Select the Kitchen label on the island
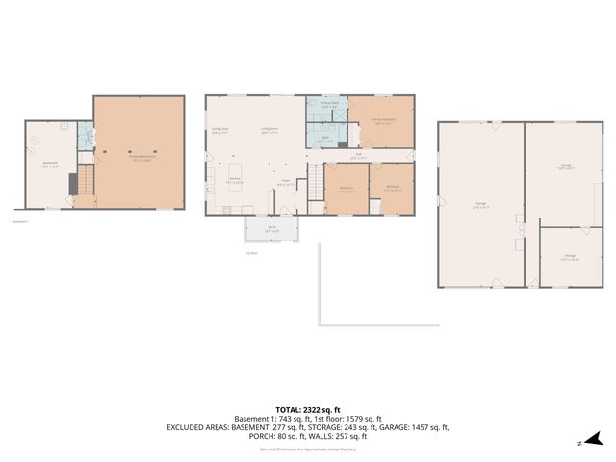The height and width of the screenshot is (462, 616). (x=233, y=180)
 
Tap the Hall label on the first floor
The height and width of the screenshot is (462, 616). (x=357, y=154)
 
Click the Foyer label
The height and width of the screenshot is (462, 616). (x=286, y=180)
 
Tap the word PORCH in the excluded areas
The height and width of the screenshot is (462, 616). (x=262, y=436)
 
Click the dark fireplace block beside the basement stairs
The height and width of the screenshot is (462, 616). (x=71, y=182)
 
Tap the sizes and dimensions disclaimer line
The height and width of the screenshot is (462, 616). (x=307, y=449)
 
